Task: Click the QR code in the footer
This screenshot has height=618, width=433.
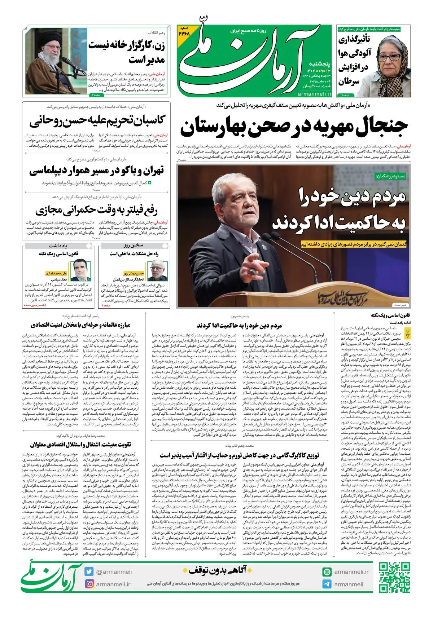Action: point(394,577)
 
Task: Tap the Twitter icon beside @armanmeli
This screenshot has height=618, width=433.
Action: point(89,571)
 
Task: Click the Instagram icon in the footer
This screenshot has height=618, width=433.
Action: point(89,584)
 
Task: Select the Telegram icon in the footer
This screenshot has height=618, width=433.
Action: point(327,584)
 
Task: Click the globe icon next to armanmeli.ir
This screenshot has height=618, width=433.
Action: point(327,572)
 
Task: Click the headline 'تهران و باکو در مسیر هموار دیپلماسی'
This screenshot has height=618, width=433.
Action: point(97,170)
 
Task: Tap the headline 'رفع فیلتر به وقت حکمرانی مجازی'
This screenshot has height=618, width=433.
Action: point(97,209)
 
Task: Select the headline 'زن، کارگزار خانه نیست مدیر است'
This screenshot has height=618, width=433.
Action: point(127,52)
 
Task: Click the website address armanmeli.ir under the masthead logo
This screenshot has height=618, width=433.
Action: point(315,94)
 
